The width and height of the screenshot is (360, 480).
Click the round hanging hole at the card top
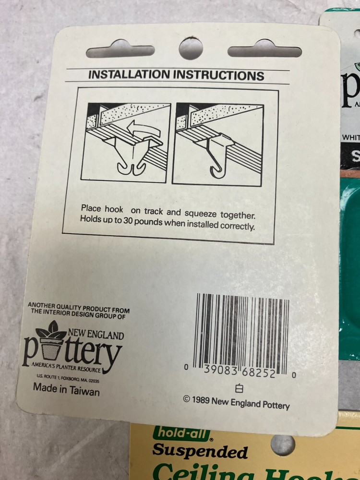point(191,48)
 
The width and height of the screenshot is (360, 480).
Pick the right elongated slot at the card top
point(264,49)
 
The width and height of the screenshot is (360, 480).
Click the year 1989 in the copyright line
point(201,402)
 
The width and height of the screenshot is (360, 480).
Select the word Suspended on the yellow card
point(200,451)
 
